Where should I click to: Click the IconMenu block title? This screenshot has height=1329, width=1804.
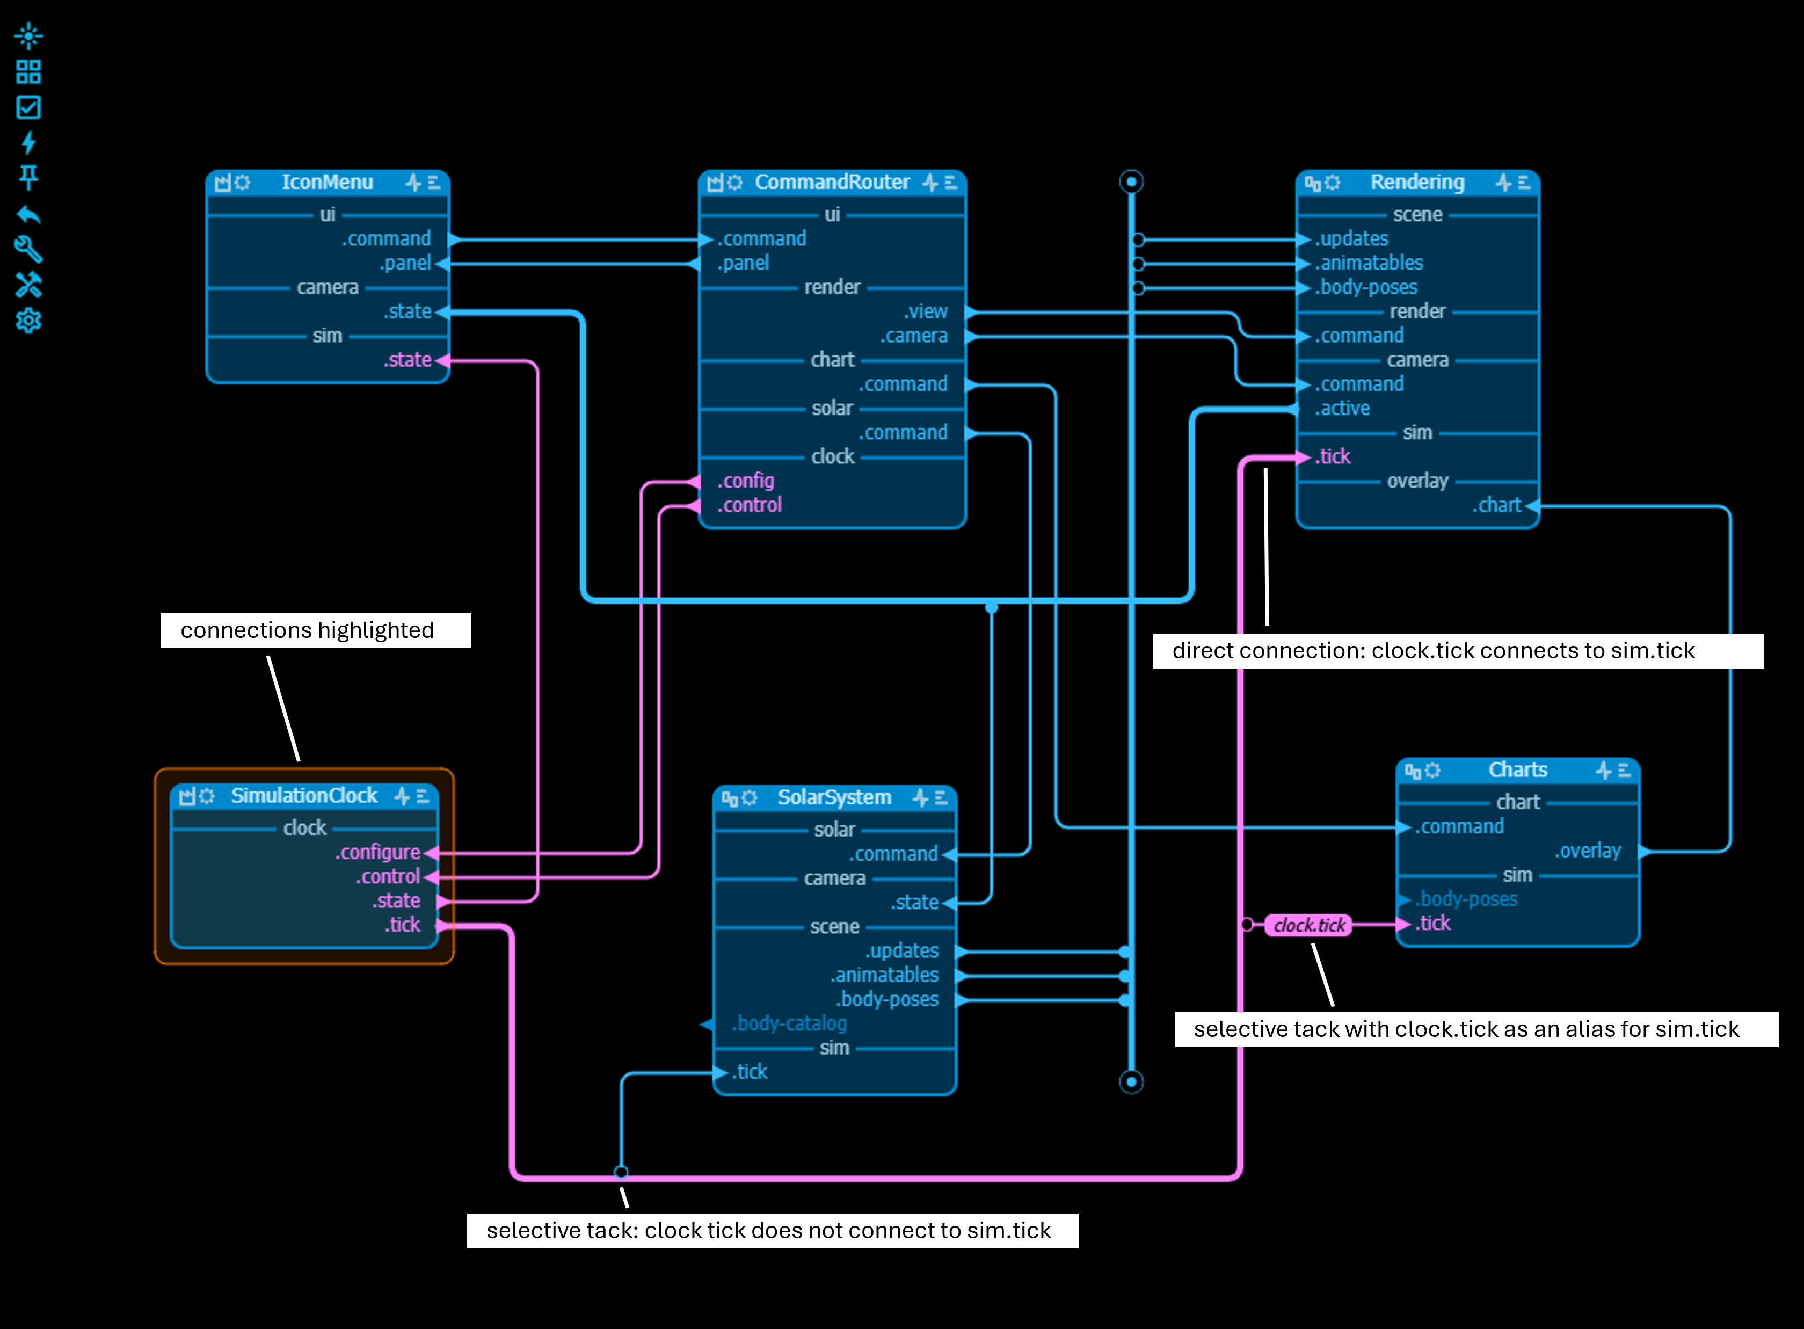point(328,183)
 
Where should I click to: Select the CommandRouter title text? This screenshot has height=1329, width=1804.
point(832,183)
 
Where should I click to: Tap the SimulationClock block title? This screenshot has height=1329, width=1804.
point(304,796)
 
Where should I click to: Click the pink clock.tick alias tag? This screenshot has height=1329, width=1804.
point(1308,925)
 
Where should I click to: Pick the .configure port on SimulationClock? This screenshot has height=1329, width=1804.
point(378,852)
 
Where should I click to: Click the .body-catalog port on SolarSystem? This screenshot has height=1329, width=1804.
point(789,1023)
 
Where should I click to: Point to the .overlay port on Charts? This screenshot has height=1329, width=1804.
point(1588,851)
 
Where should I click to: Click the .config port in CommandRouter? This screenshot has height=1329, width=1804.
point(746,481)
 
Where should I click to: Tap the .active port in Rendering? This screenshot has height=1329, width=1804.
point(1342,409)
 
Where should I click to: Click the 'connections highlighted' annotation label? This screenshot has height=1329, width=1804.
point(307,630)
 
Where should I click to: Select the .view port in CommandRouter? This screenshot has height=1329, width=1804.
point(925,311)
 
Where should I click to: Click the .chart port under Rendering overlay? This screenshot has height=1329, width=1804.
point(1497,505)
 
